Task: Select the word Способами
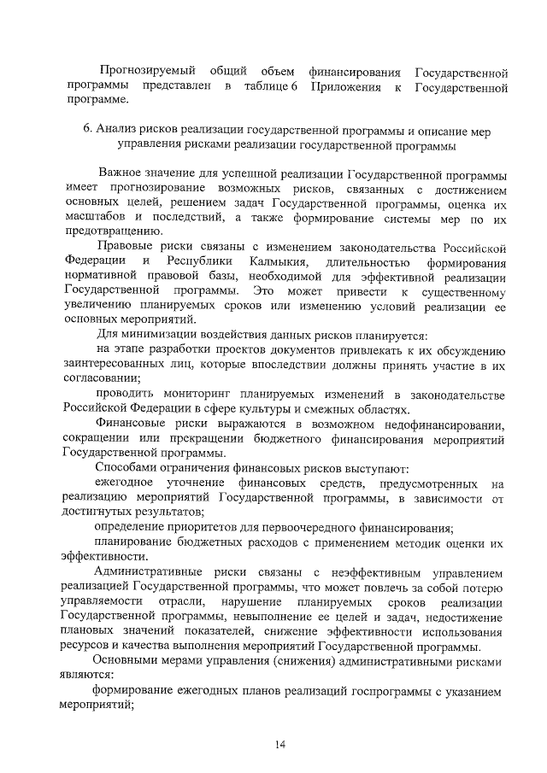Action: (128, 467)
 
